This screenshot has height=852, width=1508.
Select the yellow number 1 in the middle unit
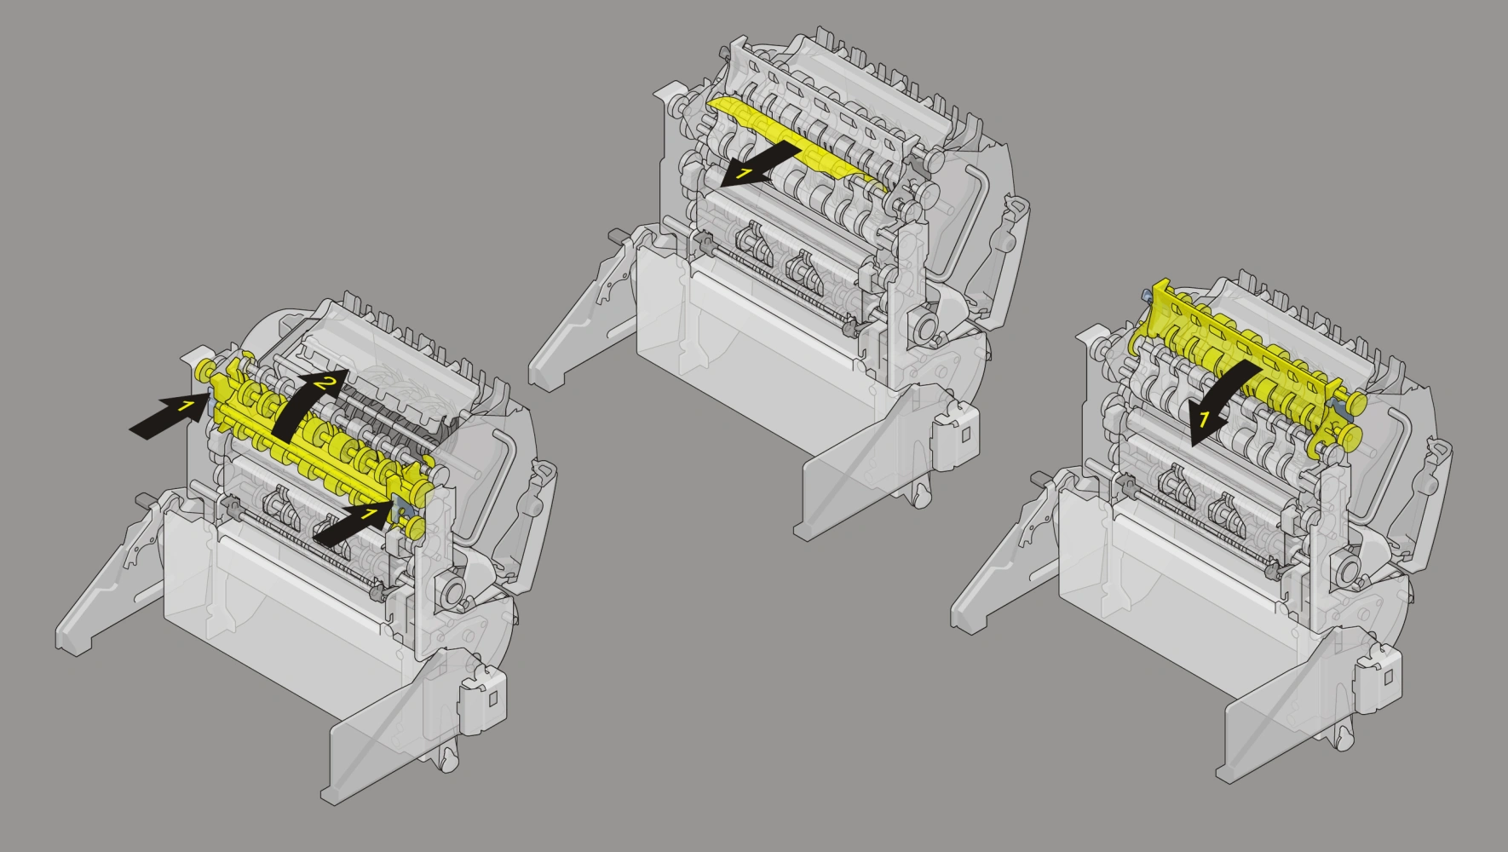pyautogui.click(x=744, y=174)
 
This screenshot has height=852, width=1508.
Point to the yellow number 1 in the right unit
pyautogui.click(x=1205, y=418)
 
